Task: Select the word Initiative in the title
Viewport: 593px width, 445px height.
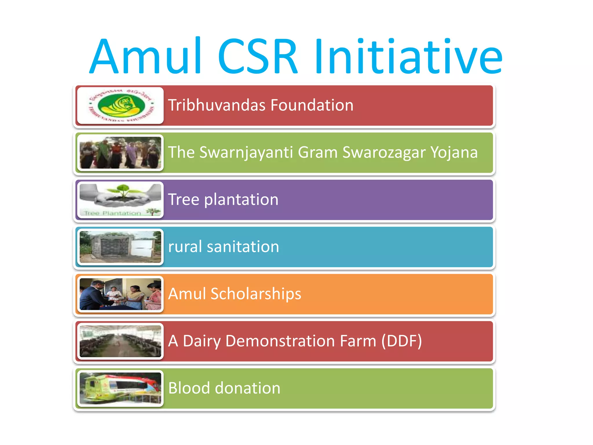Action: (x=408, y=56)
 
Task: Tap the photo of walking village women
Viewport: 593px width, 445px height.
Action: (x=120, y=153)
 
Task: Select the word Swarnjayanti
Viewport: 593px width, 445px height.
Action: (x=246, y=153)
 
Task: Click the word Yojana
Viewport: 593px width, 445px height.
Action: (x=454, y=153)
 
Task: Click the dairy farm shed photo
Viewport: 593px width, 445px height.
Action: (x=120, y=341)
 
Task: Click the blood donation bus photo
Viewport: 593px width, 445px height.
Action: (x=120, y=388)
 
